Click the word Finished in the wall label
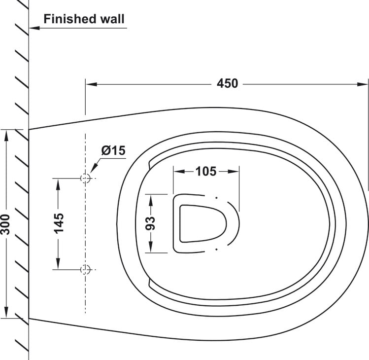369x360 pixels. pos(70,19)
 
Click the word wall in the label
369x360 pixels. pos(112,19)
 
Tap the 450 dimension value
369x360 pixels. pos(227,83)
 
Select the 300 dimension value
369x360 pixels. pos(5,224)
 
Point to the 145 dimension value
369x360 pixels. pos(59,223)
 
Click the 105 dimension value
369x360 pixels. pos(205,171)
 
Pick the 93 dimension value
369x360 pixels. pos(150,223)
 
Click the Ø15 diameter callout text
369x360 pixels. pos(113,150)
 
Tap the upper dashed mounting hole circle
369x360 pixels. pos(85,178)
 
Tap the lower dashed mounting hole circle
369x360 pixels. pos(85,269)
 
